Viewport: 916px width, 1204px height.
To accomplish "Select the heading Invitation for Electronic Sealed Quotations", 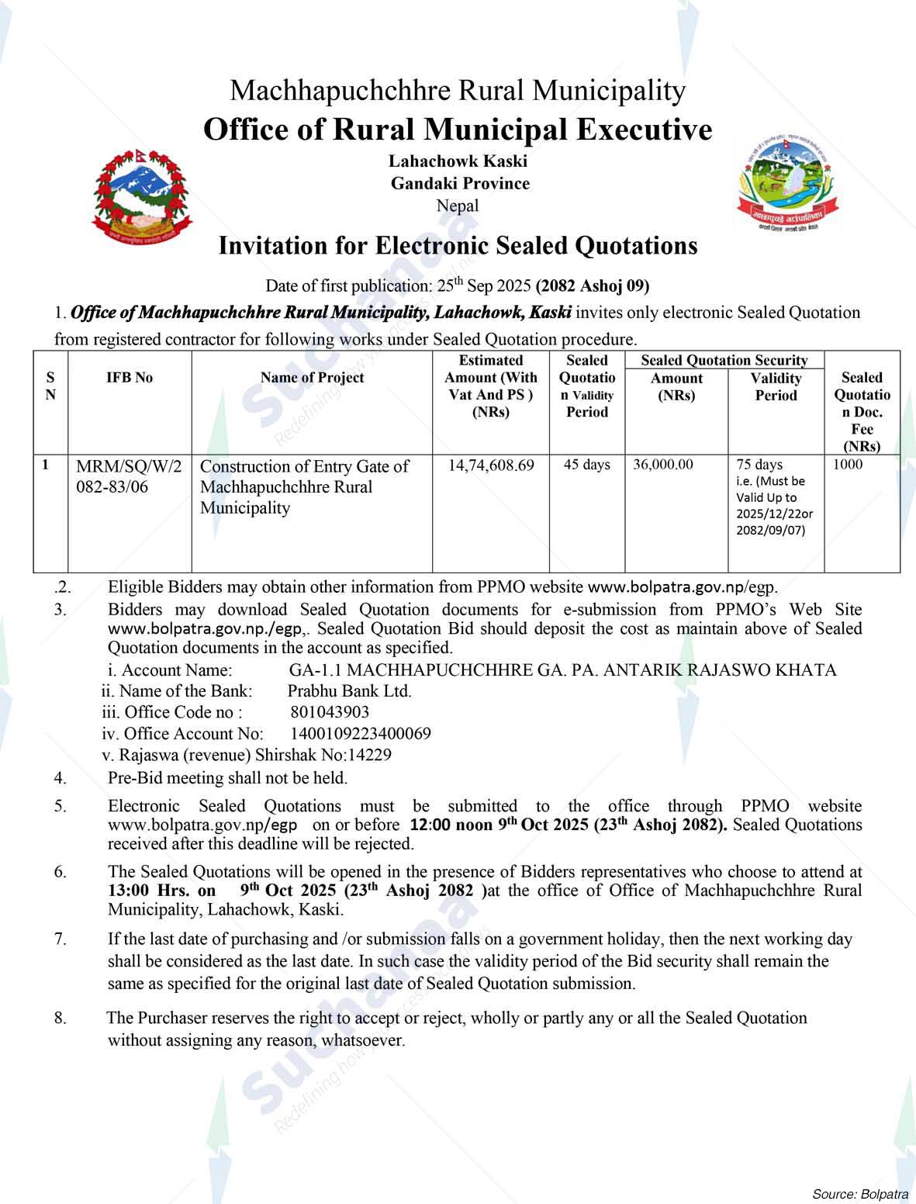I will click(458, 246).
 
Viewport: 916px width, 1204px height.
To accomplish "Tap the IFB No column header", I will click(130, 378).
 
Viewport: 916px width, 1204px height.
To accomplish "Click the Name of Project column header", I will click(312, 378).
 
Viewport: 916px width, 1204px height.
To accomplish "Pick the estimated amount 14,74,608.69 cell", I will click(491, 465).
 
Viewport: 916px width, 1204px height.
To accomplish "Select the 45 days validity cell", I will click(586, 465).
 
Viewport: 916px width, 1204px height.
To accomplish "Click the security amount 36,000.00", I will click(663, 465).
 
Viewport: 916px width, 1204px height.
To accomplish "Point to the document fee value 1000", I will click(848, 465).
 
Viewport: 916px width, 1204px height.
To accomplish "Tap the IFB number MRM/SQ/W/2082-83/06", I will click(129, 476).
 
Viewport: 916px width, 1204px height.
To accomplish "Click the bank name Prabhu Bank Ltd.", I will click(350, 691).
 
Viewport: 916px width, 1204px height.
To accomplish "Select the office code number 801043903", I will click(330, 712).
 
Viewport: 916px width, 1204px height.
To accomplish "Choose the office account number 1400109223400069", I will click(361, 734).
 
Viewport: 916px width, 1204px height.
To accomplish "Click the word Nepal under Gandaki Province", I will click(458, 206).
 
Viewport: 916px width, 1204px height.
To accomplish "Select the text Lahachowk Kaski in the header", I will click(458, 161).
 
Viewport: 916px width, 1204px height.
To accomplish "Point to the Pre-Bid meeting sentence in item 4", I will click(227, 777).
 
